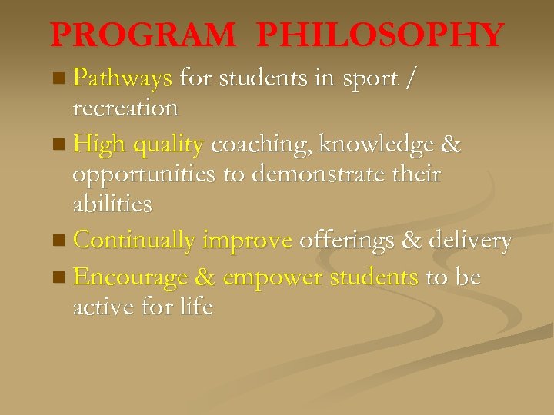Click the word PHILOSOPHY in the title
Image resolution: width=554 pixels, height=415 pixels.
(x=380, y=35)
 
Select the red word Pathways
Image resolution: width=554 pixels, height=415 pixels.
(x=122, y=78)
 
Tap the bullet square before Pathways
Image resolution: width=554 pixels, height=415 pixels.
(x=62, y=78)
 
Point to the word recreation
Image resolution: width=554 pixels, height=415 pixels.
(x=125, y=108)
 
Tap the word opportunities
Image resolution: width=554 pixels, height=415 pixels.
(x=144, y=174)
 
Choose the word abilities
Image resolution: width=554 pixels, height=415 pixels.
(x=112, y=204)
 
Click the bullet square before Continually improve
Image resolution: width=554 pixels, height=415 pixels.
(x=61, y=241)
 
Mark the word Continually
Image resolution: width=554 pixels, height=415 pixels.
(x=134, y=241)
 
